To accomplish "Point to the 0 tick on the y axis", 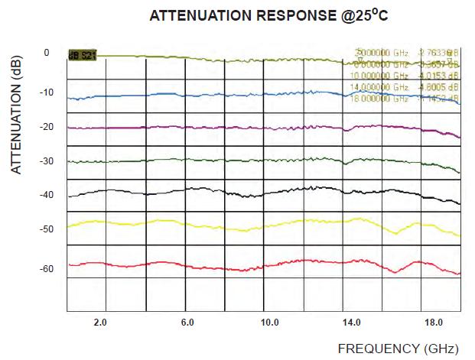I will point(47,54).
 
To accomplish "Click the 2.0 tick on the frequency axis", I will point(99,323).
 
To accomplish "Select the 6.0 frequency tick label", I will point(187,323).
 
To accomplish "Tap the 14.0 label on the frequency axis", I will point(352,323).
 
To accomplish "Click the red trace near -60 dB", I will point(229,268).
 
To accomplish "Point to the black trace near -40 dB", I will point(229,190).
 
